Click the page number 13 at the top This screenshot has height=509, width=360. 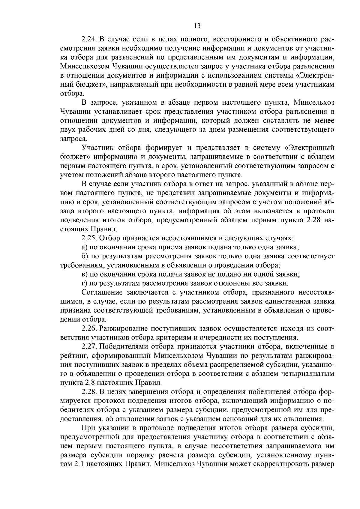197,26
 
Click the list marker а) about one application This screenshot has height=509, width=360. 85,247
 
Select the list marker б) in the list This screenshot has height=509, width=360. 85,256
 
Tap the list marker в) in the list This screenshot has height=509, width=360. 85,274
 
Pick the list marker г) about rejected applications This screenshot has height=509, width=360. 84,283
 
